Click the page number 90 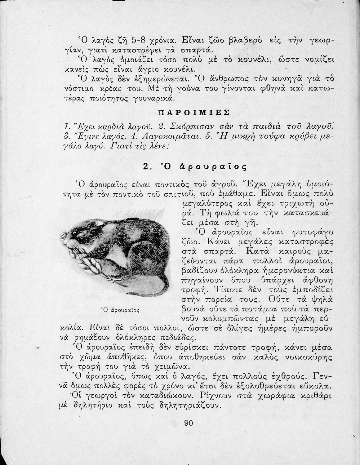(x=189, y=423)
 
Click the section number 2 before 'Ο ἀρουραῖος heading (x=146, y=166)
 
